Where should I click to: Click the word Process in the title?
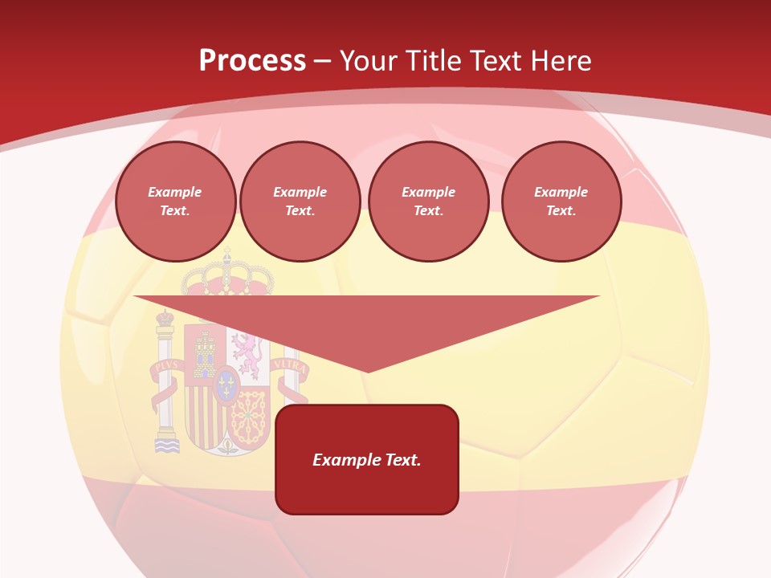252,61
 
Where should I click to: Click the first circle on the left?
175,201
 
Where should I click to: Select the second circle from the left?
300,201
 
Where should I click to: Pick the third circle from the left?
429,201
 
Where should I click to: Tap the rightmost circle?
561,201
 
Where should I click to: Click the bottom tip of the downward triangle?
368,371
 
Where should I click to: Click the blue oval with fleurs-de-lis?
226,386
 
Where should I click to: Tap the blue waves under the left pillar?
166,446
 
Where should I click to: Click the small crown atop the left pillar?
165,317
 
